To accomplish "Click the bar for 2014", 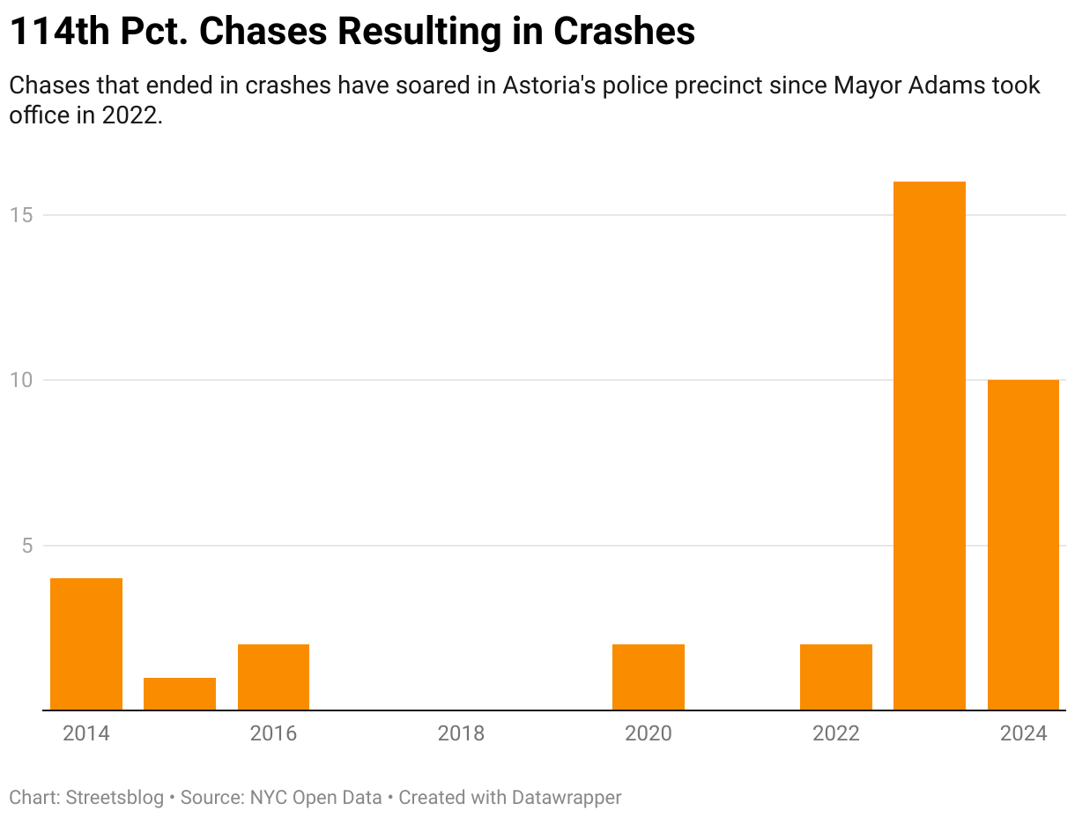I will tap(86, 643).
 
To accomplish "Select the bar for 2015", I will tap(180, 694).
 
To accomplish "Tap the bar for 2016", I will tap(273, 677).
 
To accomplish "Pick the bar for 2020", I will tap(649, 677).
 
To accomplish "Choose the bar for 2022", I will tap(836, 677).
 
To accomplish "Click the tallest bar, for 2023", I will tap(930, 445).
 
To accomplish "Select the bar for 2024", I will tap(1023, 545).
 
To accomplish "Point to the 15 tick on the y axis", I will tap(20, 215).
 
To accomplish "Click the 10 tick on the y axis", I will tap(20, 380).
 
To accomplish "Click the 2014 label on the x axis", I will tap(86, 733).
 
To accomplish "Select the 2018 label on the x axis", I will tap(461, 733).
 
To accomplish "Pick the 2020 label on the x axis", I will tap(649, 733).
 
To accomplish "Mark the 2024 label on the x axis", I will tap(1023, 733).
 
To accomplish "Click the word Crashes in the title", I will tap(624, 33).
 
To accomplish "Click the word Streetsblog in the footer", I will tap(114, 798).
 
